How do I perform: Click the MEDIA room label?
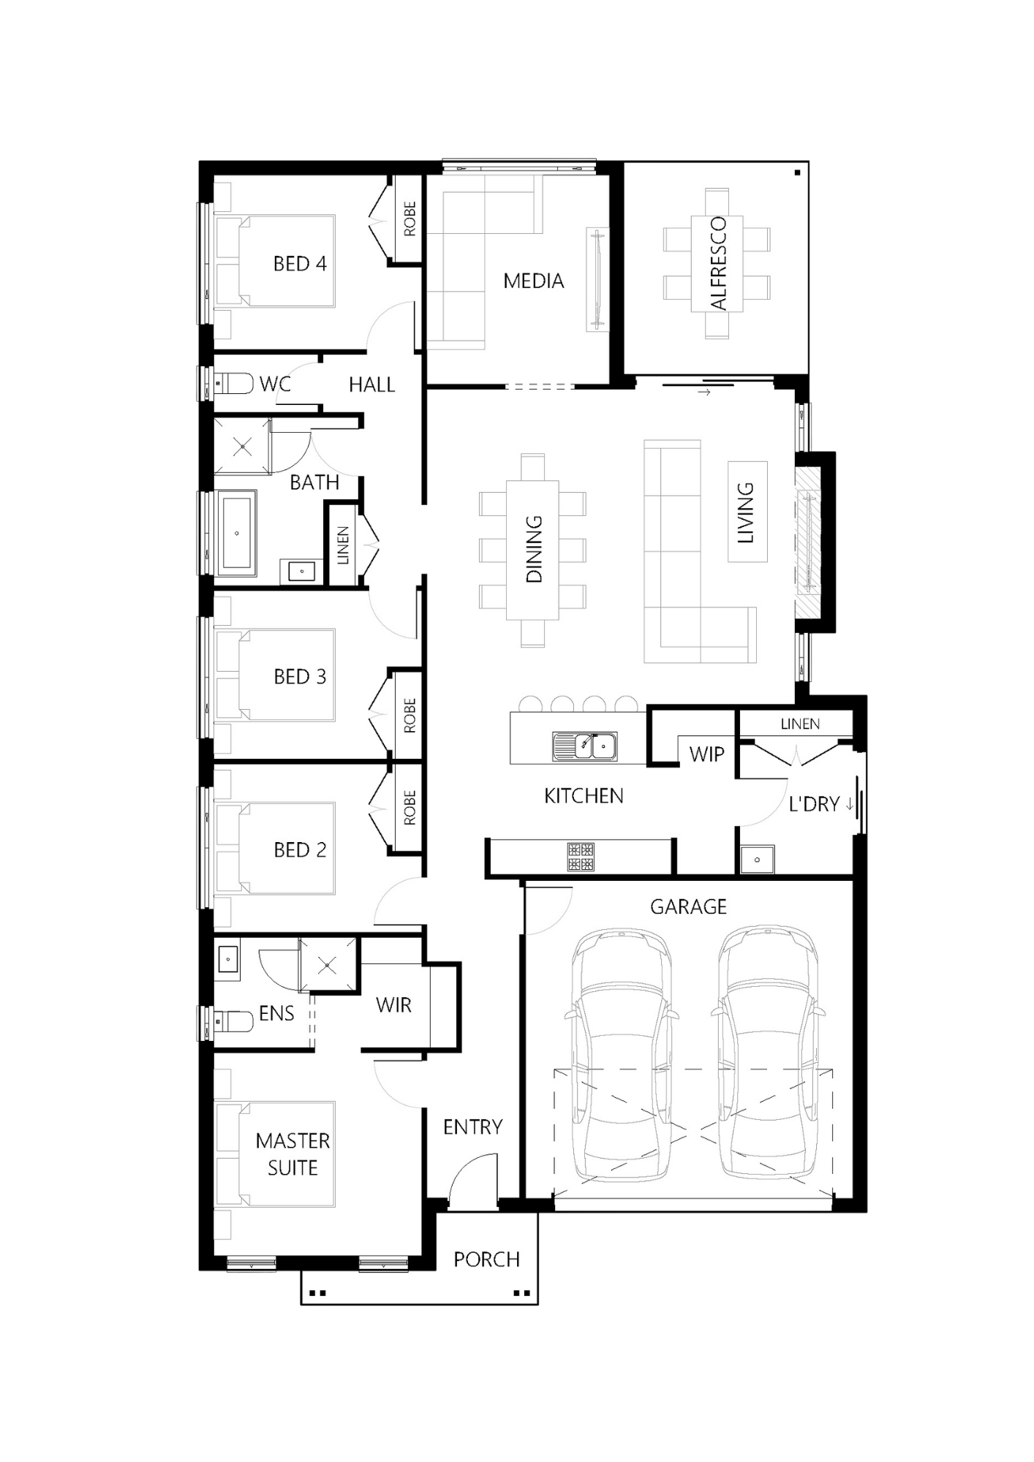click(x=533, y=281)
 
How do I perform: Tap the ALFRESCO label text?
click(x=718, y=263)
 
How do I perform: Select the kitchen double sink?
click(x=584, y=746)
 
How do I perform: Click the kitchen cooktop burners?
click(x=581, y=857)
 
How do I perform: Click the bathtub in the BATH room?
click(x=237, y=533)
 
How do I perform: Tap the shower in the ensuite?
click(x=328, y=965)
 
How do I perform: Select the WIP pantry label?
click(x=706, y=754)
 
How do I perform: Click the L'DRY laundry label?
click(x=814, y=804)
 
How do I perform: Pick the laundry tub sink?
click(x=757, y=860)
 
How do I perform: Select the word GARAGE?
click(x=688, y=907)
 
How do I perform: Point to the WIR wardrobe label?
click(x=393, y=1005)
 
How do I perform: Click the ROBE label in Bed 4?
click(x=410, y=219)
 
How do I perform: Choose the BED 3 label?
click(x=300, y=677)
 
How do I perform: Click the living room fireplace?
click(x=809, y=542)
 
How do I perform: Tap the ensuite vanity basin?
click(x=227, y=958)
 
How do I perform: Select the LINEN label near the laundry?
click(x=800, y=724)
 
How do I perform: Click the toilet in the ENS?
click(x=233, y=1020)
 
